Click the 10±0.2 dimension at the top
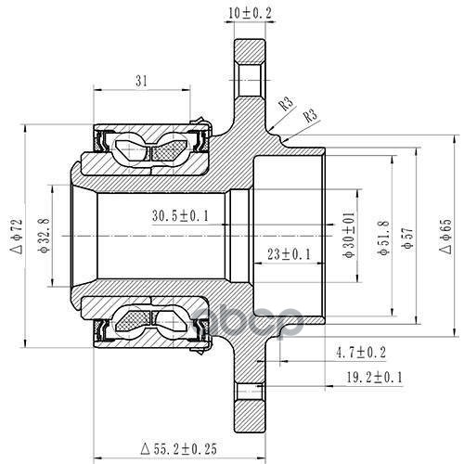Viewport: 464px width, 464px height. click(250, 13)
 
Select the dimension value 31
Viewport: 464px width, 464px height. click(141, 81)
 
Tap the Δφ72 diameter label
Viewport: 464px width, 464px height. click(17, 237)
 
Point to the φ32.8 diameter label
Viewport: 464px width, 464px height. click(44, 235)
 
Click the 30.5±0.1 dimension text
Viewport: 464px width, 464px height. click(180, 215)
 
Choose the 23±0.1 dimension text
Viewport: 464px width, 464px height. click(289, 254)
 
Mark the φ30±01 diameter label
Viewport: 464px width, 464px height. click(349, 236)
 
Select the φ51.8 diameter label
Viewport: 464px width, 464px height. click(384, 238)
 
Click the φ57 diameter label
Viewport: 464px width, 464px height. click(407, 238)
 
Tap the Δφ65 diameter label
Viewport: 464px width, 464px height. click(445, 237)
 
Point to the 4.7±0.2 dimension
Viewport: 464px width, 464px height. click(361, 353)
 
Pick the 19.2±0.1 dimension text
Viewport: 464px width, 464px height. click(374, 377)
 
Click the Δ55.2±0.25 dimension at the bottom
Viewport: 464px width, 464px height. click(178, 448)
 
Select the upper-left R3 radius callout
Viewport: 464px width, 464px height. click(286, 104)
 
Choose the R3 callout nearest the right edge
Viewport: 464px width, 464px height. click(310, 116)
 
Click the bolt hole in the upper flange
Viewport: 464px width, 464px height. click(250, 80)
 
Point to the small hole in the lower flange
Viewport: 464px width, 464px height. click(250, 392)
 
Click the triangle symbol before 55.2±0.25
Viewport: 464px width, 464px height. click(145, 448)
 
